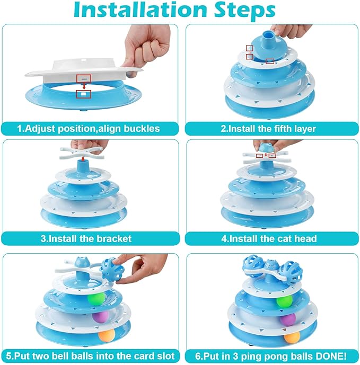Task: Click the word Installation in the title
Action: (x=140, y=10)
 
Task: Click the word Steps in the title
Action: (x=244, y=10)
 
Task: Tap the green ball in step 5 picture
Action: (x=96, y=299)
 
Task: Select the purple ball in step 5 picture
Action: (x=101, y=317)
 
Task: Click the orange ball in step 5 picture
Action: (x=107, y=335)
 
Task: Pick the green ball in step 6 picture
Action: (x=284, y=301)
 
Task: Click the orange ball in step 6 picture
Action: (x=292, y=337)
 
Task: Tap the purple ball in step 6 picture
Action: (x=288, y=319)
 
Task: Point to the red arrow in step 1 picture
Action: (x=84, y=86)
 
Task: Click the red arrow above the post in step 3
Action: (x=83, y=159)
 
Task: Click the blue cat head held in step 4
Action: (x=266, y=148)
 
